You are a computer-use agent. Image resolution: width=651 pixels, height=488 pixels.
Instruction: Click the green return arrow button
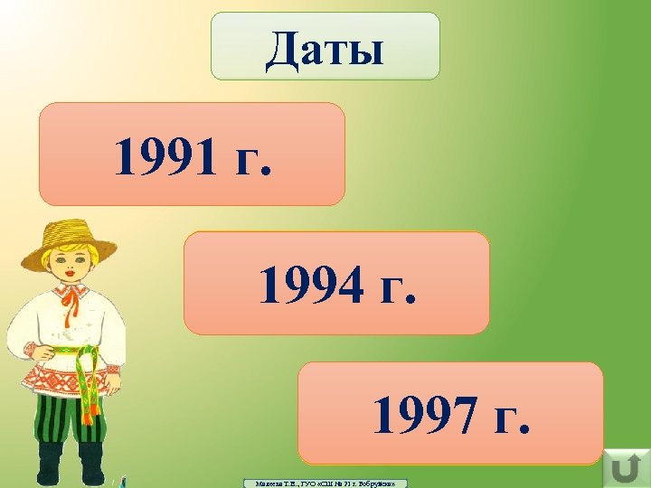tap(624, 469)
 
